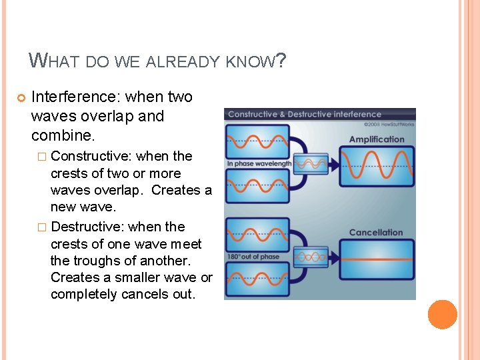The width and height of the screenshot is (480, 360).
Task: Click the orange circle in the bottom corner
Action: tap(442, 315)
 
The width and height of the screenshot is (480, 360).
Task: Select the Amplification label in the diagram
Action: tap(377, 139)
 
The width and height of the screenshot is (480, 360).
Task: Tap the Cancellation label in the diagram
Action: tap(376, 233)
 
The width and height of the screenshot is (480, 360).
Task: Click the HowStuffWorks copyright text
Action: tap(389, 125)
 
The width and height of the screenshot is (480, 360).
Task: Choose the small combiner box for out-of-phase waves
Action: tap(312, 257)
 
